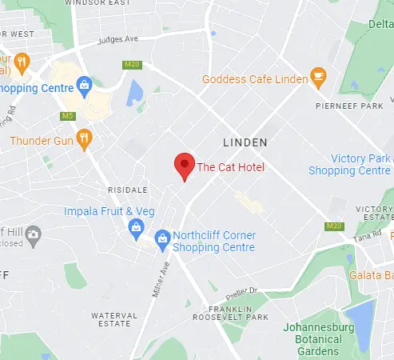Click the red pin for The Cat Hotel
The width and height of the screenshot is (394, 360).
(185, 166)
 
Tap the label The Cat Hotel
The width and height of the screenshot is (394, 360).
(230, 167)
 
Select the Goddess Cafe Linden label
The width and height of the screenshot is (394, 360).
(254, 79)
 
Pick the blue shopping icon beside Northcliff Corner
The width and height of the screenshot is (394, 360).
(163, 237)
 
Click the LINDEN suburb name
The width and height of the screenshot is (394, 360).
(244, 142)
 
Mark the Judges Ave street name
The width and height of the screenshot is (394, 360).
(117, 39)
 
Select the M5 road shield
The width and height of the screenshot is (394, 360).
(69, 116)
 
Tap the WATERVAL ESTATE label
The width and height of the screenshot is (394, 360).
(109, 319)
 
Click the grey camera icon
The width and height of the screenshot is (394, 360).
(34, 234)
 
